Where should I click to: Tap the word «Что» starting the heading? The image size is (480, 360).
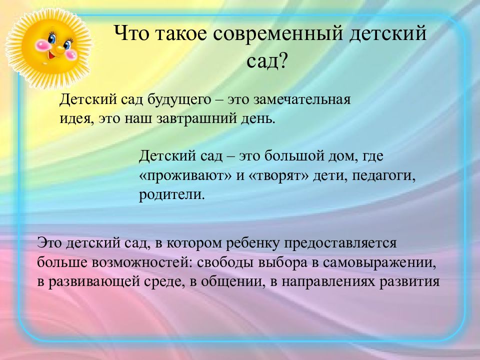131,35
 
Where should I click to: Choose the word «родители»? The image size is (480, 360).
171,194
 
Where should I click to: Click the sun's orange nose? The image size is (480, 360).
58,48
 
